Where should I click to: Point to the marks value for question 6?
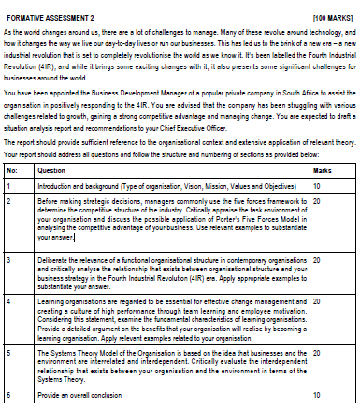[317, 397]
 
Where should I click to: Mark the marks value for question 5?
[317, 354]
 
